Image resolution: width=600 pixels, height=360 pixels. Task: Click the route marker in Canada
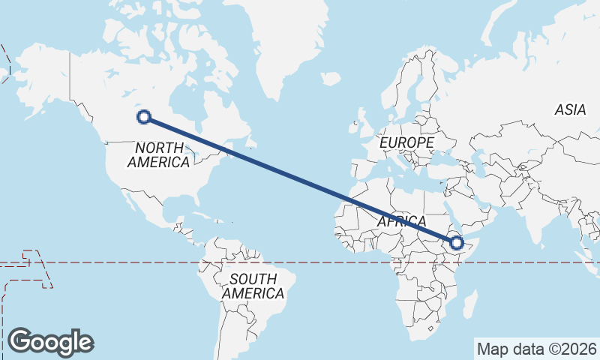[144, 116]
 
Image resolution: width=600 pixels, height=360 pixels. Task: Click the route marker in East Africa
[456, 242]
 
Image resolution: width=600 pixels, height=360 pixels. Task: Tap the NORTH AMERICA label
[158, 154]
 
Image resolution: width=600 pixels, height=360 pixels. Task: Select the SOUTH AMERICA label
[253, 286]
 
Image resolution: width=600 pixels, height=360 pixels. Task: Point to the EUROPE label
[406, 142]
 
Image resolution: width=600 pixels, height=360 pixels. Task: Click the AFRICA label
[401, 222]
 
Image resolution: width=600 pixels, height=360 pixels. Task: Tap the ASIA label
[570, 110]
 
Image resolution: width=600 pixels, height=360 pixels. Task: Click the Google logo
[50, 341]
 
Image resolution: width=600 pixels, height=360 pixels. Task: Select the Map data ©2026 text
[536, 349]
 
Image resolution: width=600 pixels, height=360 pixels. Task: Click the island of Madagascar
[470, 306]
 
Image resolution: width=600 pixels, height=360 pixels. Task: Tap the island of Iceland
[330, 77]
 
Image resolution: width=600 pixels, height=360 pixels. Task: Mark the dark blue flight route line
[300, 179]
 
